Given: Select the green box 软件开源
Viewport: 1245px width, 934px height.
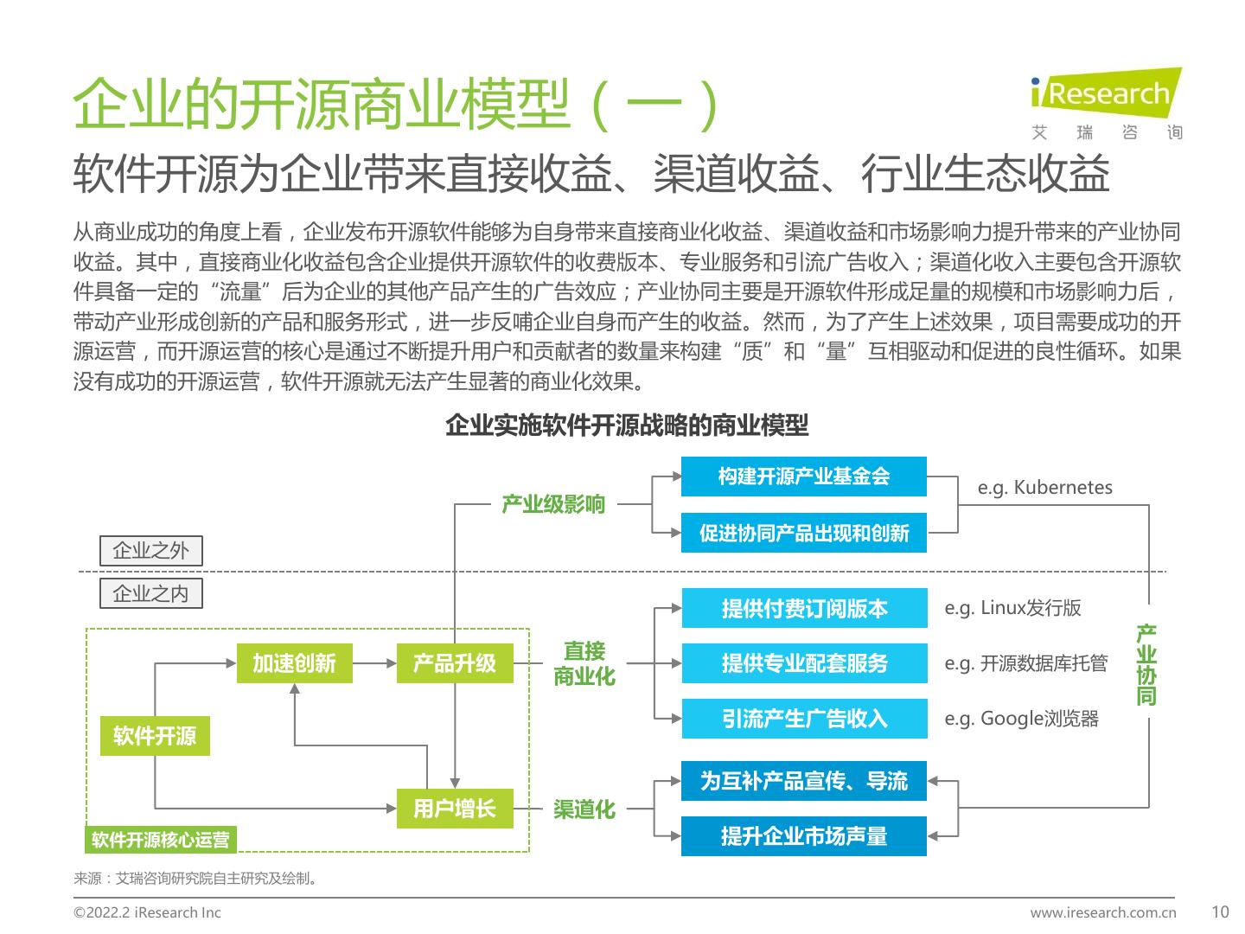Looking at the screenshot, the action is click(155, 736).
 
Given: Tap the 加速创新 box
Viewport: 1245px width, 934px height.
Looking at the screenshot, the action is click(294, 663).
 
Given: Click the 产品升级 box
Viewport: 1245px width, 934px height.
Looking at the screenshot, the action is click(454, 663).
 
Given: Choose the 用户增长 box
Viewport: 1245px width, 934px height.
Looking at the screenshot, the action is click(454, 809).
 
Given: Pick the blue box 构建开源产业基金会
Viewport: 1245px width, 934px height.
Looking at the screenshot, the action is click(803, 477).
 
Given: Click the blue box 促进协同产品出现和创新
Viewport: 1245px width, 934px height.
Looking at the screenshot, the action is click(803, 533).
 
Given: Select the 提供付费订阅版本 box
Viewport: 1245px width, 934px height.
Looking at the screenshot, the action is click(804, 608).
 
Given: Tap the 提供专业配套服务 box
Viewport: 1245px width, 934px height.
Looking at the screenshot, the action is click(804, 663).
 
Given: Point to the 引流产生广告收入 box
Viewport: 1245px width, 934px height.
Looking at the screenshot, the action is click(804, 719).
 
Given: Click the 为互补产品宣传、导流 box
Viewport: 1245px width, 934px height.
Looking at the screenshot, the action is click(803, 781).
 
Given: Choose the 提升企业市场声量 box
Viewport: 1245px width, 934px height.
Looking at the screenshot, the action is click(803, 836).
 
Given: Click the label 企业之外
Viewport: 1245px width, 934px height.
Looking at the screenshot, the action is click(150, 551).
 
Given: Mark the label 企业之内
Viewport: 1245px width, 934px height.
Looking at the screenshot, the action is click(150, 593).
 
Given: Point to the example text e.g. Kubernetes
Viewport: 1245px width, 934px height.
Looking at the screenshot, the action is click(1044, 487).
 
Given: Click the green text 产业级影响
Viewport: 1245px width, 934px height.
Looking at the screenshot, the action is click(553, 504).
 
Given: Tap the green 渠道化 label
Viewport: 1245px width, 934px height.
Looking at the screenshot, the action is click(584, 809).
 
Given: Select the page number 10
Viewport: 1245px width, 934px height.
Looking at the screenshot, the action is click(1220, 912).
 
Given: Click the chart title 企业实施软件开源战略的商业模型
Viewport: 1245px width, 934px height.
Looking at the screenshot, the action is click(627, 425).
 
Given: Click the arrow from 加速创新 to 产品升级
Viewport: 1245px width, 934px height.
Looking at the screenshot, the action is click(373, 663).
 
